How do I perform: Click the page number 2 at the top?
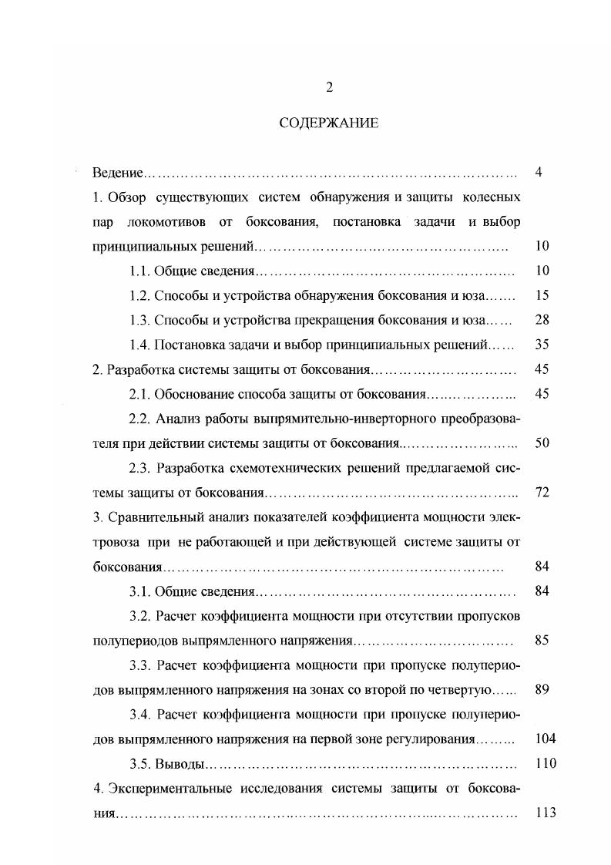point(329,87)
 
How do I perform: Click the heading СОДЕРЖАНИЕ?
point(329,123)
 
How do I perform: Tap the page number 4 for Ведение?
point(539,172)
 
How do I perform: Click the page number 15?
point(541,295)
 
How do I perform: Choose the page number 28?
point(541,320)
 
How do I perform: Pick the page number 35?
point(541,345)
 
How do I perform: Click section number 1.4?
point(139,345)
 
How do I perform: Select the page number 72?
point(541,493)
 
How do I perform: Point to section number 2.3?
point(139,468)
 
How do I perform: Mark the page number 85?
point(541,641)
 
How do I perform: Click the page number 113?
point(545,813)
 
